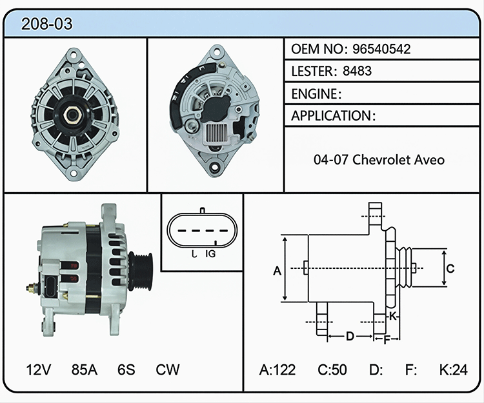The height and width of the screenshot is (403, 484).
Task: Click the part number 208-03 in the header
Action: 46,24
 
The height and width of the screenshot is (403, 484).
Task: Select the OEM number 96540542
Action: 381,49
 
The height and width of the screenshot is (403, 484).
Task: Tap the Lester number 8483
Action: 357,71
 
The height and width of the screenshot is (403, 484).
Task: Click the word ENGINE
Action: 314,93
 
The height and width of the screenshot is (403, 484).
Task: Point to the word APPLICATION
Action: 331,116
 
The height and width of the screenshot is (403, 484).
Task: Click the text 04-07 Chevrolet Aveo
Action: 379,160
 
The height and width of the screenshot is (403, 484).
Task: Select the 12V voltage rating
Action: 39,369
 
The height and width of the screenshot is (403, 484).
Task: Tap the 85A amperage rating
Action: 85,369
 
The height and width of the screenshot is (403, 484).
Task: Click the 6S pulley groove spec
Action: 126,369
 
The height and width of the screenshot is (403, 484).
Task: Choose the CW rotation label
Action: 168,369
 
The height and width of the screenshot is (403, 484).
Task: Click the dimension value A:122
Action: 277,369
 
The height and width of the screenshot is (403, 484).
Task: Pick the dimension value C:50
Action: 332,369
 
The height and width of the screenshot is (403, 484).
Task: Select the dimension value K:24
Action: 454,369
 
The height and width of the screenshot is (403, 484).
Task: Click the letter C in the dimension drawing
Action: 450,269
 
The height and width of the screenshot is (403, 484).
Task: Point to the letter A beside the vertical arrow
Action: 277,271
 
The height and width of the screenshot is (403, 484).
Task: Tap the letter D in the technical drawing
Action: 350,336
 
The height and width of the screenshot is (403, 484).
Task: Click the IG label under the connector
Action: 210,254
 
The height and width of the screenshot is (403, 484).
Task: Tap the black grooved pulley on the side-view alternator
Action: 141,271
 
